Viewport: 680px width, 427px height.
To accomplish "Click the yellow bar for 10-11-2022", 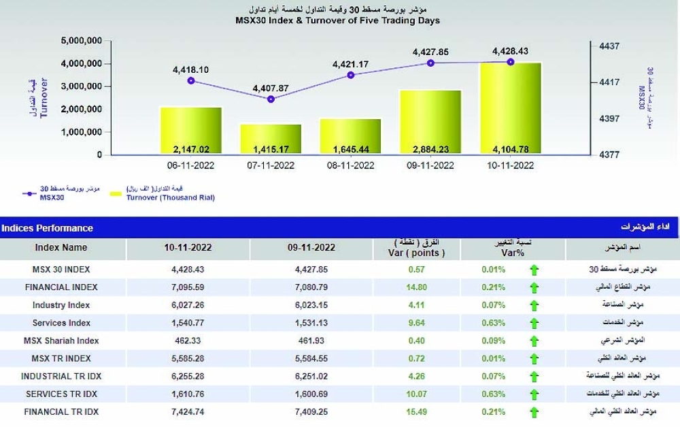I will point(510,109).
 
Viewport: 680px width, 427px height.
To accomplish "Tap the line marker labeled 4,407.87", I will point(271,99).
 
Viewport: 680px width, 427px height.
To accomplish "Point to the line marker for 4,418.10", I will point(191,81).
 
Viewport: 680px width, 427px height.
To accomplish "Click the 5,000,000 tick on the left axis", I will point(82,41).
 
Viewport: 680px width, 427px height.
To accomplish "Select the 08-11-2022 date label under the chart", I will point(350,165).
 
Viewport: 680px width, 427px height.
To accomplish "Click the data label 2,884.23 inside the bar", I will point(430,148).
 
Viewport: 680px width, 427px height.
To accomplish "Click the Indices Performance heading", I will point(48,228).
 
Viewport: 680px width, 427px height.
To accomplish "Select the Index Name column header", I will point(61,248).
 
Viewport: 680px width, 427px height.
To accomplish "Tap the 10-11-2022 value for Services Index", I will point(188,323).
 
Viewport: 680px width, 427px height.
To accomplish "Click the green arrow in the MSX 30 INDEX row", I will point(534,270).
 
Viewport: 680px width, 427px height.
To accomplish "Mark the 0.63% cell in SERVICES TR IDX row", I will point(492,394).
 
